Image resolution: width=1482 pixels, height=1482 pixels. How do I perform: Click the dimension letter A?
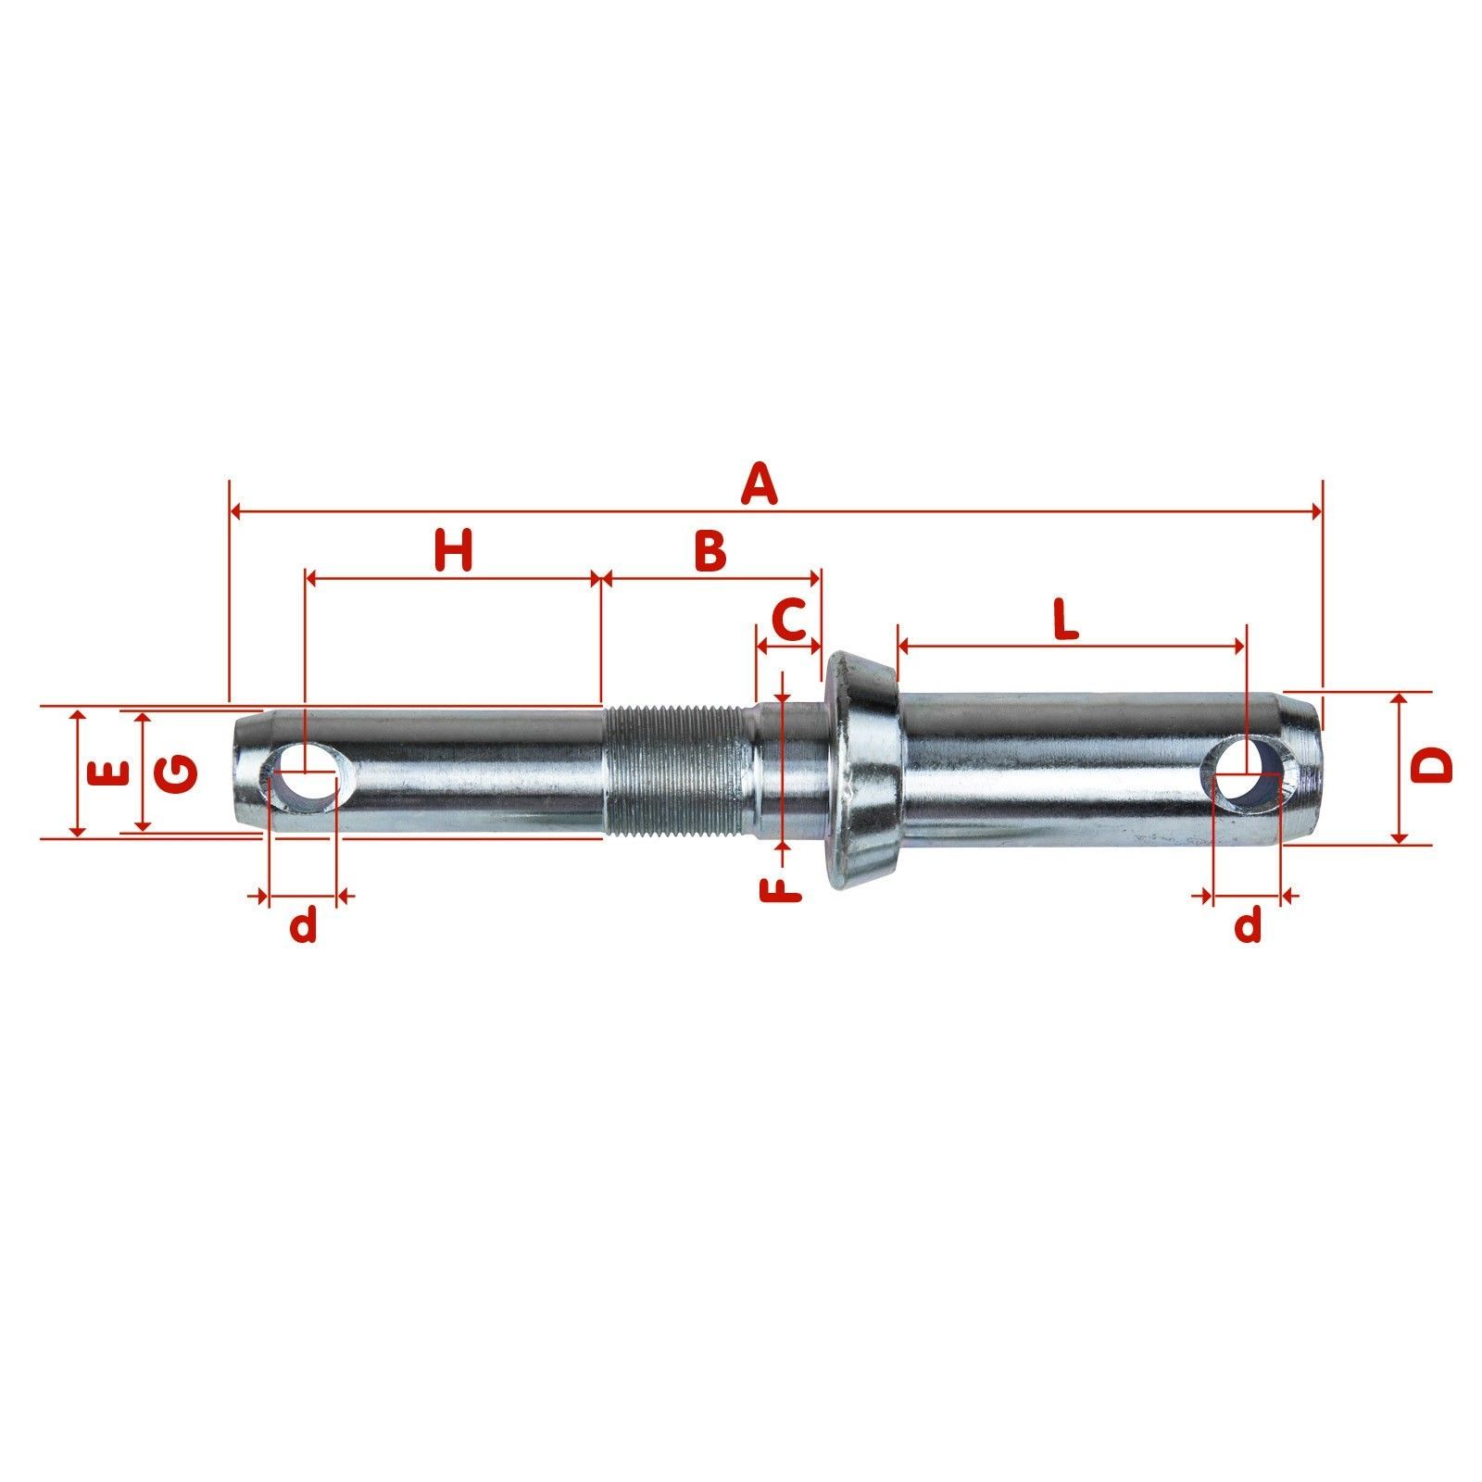[x=759, y=485]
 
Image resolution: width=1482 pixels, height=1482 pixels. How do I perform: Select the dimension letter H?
[x=454, y=550]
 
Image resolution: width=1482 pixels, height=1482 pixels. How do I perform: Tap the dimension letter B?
[x=710, y=550]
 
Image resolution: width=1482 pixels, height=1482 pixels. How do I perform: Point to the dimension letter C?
[x=789, y=620]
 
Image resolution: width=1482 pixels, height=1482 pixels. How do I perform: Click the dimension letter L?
[x=1067, y=620]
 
